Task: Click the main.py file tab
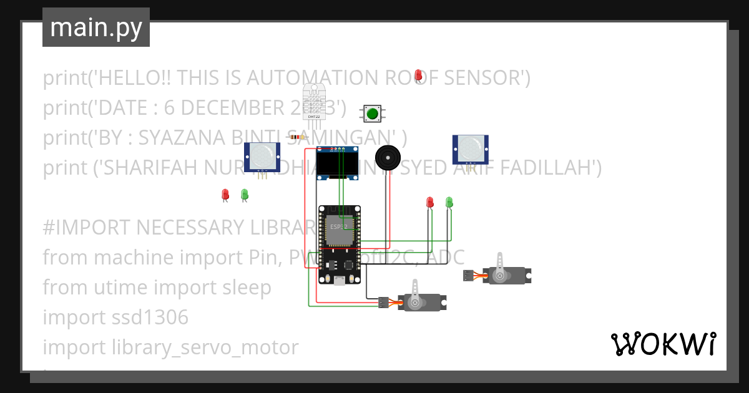pos(96,28)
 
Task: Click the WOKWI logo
pos(663,344)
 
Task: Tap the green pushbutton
pos(373,114)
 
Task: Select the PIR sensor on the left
pos(262,157)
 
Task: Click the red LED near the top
pos(418,75)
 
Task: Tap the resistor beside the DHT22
pos(297,137)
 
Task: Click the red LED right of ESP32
pos(429,202)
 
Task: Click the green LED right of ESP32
pos(449,202)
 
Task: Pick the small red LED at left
pos(225,195)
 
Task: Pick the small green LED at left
pos(245,195)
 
